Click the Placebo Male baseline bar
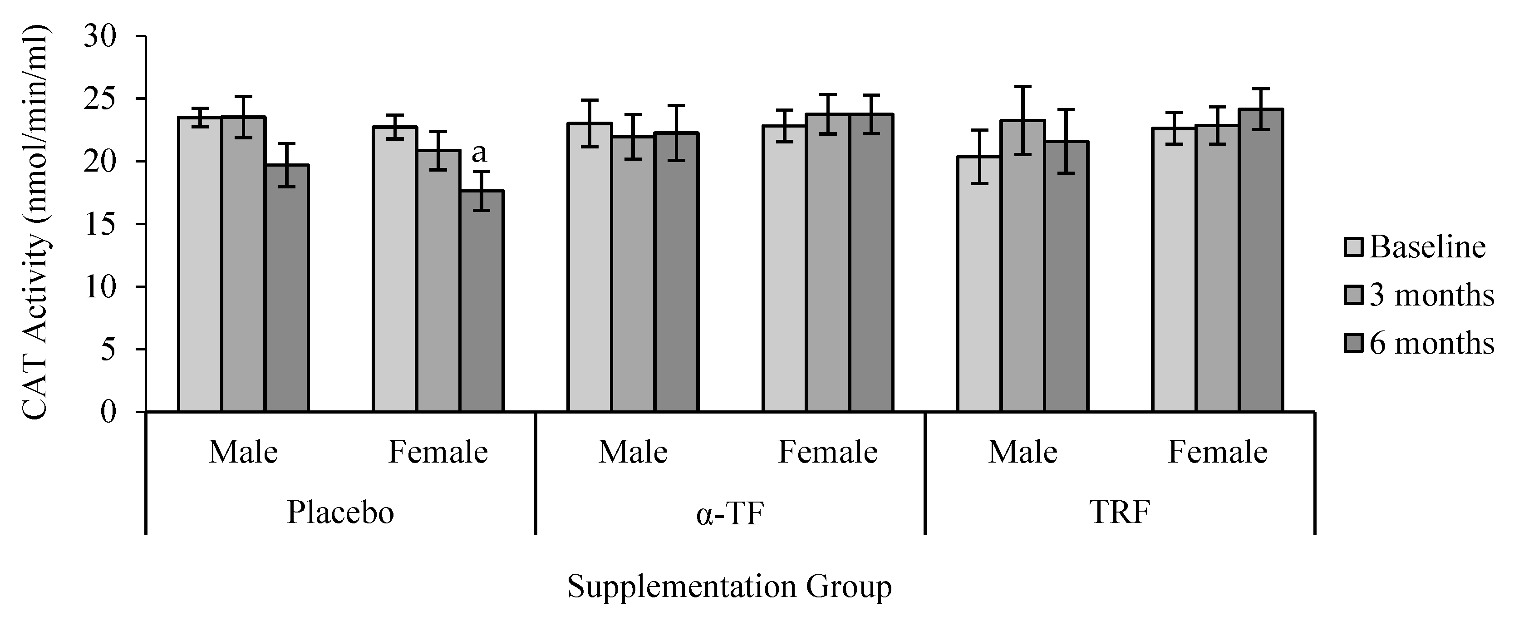tap(200, 265)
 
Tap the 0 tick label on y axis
tap(109, 411)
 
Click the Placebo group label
tap(340, 512)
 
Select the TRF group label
tap(1120, 512)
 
